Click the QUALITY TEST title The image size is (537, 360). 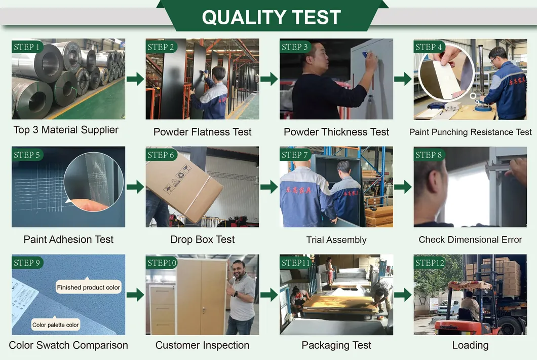tap(271, 17)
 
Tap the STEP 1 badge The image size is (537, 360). tap(28, 47)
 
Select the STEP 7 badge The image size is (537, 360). tap(294, 155)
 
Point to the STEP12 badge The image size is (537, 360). tap(430, 263)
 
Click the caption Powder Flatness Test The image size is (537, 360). tap(202, 132)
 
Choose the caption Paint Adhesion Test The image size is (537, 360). tap(68, 239)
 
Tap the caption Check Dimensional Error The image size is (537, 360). tap(470, 239)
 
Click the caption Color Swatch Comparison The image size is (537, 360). tap(68, 345)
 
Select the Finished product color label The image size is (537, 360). tap(89, 287)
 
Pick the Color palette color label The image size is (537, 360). tap(56, 325)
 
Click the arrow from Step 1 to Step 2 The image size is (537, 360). tap(135, 79)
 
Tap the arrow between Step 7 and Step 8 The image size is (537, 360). tap(403, 187)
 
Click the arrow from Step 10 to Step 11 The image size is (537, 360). tap(269, 295)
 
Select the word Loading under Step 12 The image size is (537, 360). tap(470, 345)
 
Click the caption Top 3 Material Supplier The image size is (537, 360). tap(66, 130)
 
